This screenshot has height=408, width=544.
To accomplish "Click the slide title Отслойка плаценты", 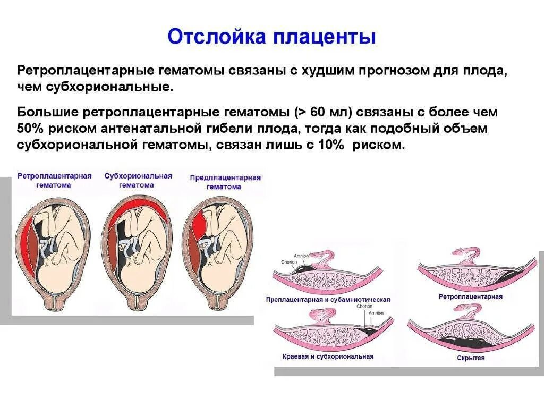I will point(272,37).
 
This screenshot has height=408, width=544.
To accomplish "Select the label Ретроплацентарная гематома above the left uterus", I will point(54,181).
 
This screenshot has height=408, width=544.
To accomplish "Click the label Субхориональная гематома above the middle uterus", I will point(138,181).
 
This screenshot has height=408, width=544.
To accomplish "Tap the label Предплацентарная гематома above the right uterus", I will point(225,182).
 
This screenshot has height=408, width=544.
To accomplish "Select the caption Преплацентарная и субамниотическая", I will point(328,300).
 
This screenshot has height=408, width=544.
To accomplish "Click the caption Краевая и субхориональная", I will point(328,356).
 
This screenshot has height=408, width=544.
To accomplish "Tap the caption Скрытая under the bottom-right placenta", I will point(471,359).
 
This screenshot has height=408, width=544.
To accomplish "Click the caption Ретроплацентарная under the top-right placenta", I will point(471,296).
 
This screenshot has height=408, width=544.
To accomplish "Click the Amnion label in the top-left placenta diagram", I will point(301,256).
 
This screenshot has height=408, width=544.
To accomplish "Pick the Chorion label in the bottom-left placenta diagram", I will point(364,307).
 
